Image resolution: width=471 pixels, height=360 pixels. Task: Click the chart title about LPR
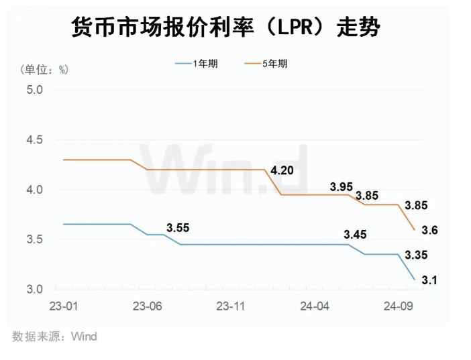coord(225,27)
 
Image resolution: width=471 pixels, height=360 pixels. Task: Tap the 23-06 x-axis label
coord(148,306)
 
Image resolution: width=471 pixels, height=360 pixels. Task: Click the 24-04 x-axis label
coord(315,306)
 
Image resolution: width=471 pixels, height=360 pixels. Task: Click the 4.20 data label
coord(282,170)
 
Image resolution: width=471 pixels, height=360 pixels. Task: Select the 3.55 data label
coord(178,227)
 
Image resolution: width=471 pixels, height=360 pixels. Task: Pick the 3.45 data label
coord(355,235)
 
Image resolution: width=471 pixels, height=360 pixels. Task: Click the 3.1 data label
coord(429,281)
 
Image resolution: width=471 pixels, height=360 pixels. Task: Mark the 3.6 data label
coord(430,230)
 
